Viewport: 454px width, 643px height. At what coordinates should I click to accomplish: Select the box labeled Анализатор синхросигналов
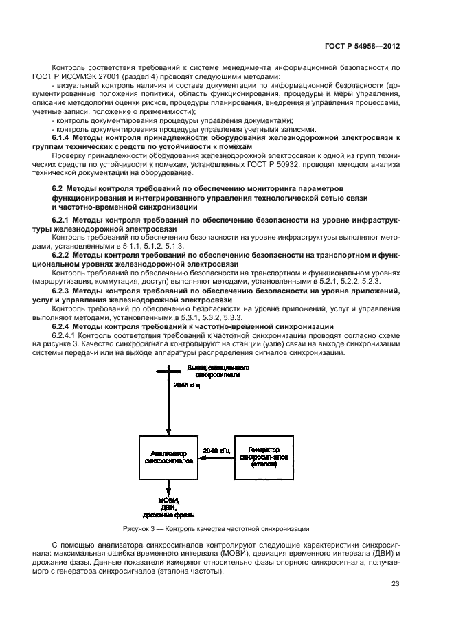pyautogui.click(x=168, y=457)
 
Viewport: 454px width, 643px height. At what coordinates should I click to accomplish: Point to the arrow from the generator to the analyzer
pyautogui.click(x=216, y=460)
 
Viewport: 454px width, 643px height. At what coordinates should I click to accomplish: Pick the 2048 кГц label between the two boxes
pyautogui.click(x=216, y=451)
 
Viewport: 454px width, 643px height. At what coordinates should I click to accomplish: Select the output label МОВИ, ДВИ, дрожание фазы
pyautogui.click(x=168, y=506)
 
